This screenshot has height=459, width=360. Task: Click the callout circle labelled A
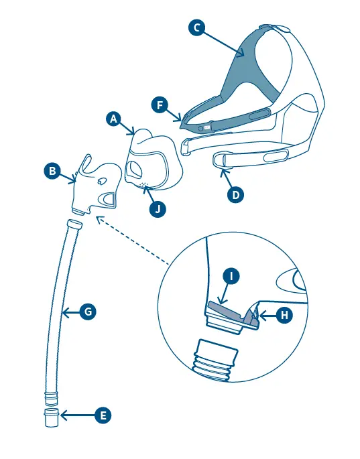click(x=114, y=119)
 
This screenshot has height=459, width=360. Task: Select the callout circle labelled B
click(x=52, y=172)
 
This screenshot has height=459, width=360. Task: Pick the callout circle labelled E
click(x=103, y=416)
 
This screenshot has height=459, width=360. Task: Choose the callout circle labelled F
click(x=160, y=105)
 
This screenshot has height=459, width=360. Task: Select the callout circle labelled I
click(x=231, y=276)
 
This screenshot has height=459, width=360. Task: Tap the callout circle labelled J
click(x=157, y=208)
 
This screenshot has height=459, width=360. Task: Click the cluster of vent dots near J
click(x=143, y=184)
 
